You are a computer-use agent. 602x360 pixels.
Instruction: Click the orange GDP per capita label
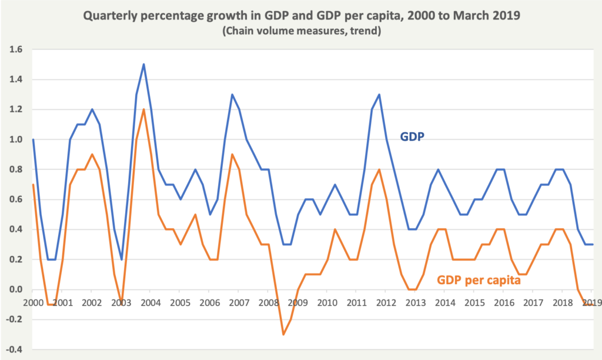coord(479,281)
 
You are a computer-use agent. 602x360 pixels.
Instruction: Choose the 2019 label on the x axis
coord(591,302)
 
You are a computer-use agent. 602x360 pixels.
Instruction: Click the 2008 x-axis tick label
coord(269,302)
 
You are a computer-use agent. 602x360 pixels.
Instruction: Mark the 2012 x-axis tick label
coord(386,302)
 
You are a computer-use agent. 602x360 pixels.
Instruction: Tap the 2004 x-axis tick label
coord(150,302)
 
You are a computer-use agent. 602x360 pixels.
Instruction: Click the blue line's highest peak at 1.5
coord(143,65)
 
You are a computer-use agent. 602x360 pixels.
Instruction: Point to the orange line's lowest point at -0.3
coord(283,334)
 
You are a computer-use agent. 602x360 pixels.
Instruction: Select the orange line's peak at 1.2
coord(143,109)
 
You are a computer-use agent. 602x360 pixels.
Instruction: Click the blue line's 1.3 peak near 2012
coord(379,95)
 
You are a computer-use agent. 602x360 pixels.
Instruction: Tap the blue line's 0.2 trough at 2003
coord(121,259)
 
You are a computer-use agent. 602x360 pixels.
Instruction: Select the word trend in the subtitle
coord(363,31)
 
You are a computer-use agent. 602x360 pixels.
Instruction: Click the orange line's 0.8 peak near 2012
coord(379,169)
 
